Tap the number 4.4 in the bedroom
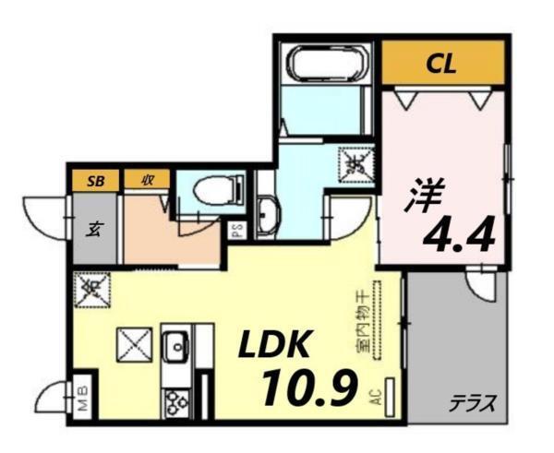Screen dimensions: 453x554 tap(459, 236)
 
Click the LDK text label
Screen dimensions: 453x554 tap(275, 345)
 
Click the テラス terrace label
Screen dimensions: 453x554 tap(474, 402)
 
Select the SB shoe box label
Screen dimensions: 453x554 tap(95, 180)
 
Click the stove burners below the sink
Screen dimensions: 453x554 tap(175, 400)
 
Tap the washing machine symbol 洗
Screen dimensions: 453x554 tap(356, 165)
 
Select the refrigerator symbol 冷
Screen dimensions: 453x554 tap(90, 289)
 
